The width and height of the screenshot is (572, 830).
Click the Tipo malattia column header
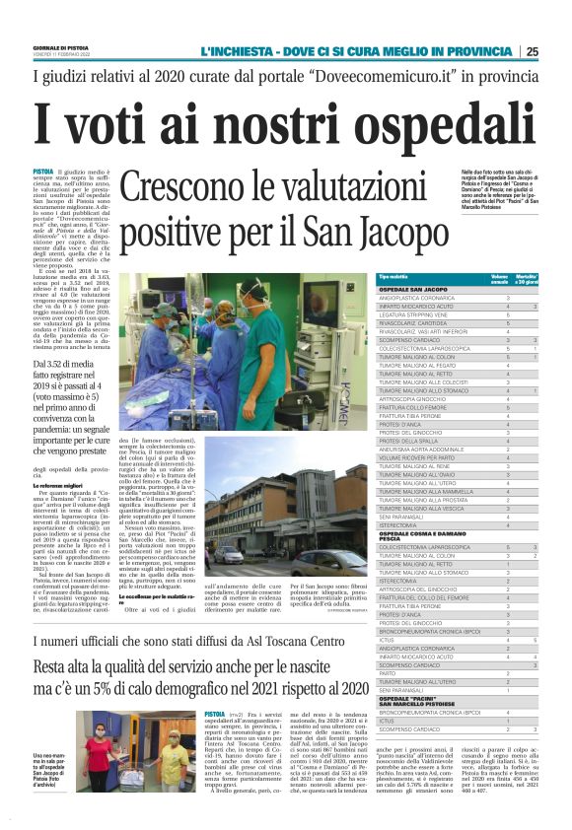[393, 279]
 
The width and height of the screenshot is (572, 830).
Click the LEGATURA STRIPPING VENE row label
[414, 313]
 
